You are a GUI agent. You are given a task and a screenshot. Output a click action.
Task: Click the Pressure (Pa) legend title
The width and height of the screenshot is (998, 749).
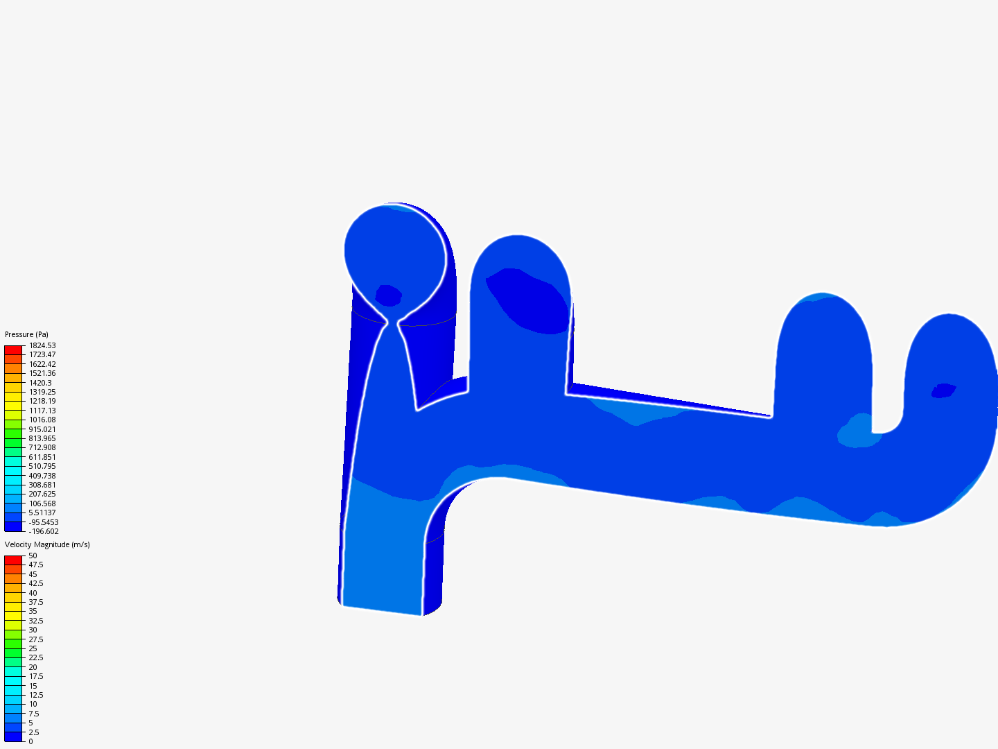coord(26,334)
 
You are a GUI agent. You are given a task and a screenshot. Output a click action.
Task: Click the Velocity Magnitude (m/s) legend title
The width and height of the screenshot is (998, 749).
coord(47,544)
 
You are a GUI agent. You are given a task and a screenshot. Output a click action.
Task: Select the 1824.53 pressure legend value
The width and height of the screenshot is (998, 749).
coord(42,345)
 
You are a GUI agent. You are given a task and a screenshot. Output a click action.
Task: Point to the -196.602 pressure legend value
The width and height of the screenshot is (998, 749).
coord(44,531)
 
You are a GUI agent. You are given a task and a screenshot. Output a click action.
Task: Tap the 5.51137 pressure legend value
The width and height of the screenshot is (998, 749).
coord(42,513)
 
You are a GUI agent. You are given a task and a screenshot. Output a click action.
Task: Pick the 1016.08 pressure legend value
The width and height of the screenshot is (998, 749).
coord(42,420)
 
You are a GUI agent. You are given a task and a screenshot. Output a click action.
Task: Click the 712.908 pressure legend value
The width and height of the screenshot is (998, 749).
coord(42,447)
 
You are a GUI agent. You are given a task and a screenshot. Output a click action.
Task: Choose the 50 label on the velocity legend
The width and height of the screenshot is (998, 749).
coord(33,556)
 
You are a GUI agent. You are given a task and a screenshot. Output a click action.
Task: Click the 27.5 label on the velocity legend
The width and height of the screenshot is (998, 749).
coord(36,639)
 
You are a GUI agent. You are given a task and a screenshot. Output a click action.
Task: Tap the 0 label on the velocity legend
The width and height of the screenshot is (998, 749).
coord(30,741)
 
